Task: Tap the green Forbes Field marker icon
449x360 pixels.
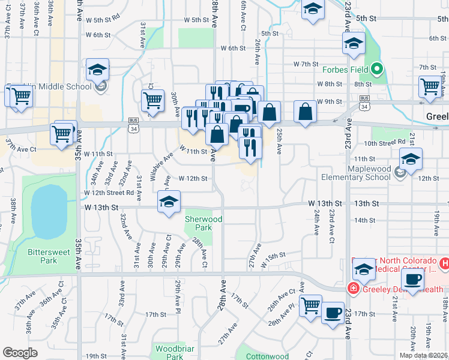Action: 377,68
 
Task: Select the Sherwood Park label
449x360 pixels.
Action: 203,223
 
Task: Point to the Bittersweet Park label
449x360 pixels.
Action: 45,257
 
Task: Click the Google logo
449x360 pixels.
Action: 20,353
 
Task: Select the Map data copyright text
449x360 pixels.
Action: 424,355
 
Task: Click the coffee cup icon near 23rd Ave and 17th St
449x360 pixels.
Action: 333,312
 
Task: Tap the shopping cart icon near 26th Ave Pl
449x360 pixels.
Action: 310,306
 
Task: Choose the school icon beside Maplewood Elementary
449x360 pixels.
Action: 411,159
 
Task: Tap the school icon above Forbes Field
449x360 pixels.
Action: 354,43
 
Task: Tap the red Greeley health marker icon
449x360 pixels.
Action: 354,289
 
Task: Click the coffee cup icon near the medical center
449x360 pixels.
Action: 412,280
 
